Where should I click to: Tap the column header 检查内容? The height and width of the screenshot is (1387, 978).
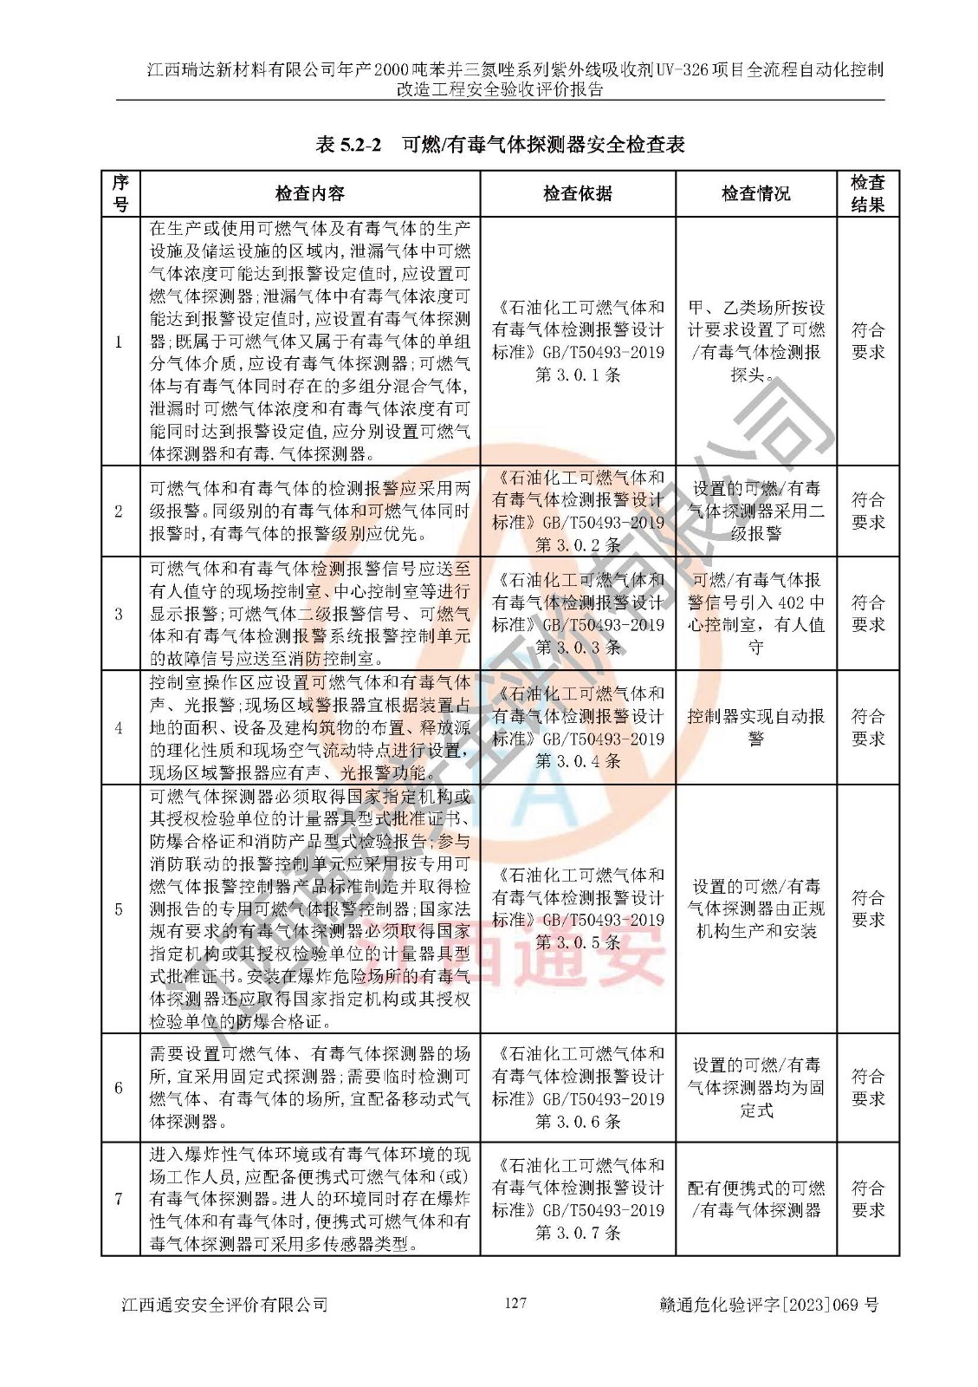[x=309, y=193]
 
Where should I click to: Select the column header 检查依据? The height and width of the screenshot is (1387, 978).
[x=577, y=193]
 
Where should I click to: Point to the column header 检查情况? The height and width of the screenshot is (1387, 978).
[x=755, y=193]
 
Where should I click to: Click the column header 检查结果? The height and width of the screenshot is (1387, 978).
[x=867, y=193]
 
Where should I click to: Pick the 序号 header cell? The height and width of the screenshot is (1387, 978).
[x=120, y=193]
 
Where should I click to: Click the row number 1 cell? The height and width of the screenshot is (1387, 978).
[x=120, y=342]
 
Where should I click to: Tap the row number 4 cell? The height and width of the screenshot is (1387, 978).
[x=120, y=728]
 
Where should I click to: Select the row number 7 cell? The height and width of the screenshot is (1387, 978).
[x=120, y=1199]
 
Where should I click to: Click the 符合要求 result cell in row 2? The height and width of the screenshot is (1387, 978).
[x=867, y=511]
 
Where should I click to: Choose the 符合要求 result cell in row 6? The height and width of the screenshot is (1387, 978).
[x=867, y=1087]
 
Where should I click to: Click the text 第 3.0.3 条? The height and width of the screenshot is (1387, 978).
[x=578, y=648]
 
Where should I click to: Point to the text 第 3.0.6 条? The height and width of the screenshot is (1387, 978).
[x=578, y=1122]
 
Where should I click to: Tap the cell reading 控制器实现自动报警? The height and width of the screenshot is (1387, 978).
[x=755, y=727]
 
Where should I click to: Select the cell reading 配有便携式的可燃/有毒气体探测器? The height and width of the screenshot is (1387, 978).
[x=755, y=1199]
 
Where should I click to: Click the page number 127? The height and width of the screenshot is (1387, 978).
[x=515, y=1303]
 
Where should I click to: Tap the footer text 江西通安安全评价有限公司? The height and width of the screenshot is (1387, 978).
[x=225, y=1305]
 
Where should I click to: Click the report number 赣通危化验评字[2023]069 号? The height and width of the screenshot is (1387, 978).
[x=768, y=1305]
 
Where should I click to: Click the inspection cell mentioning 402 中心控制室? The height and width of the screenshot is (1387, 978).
[x=755, y=613]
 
